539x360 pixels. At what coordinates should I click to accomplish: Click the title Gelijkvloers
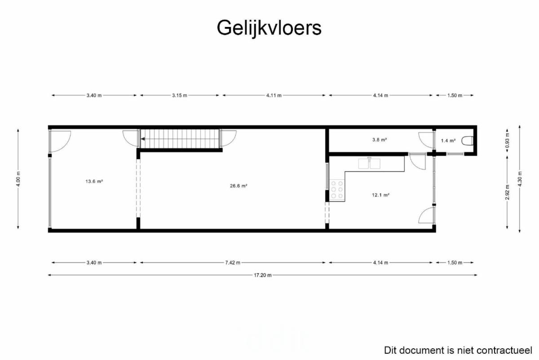point(269,28)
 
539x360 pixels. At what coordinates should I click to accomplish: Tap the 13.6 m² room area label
point(94,181)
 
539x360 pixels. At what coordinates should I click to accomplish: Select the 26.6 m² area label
point(239,186)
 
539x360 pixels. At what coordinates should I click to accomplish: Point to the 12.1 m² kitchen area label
point(381,195)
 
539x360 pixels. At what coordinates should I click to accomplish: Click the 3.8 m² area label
point(380,140)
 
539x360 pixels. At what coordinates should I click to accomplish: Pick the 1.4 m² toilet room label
point(448,141)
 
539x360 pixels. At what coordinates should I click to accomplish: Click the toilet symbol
point(468,141)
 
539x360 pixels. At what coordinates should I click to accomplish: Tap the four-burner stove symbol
point(337,190)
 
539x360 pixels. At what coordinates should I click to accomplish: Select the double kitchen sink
point(369,164)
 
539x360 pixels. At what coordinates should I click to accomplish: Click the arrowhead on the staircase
point(143,139)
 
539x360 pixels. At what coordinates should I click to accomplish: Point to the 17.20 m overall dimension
point(262,275)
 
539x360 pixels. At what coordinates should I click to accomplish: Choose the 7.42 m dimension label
point(233,263)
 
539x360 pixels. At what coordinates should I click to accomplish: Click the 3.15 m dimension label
point(180,95)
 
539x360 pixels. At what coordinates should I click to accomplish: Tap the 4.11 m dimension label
point(274,95)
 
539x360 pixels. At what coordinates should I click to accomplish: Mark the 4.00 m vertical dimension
point(18,179)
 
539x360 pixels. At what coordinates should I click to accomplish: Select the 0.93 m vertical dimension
point(507,141)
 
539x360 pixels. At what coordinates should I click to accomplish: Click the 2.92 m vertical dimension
point(507,192)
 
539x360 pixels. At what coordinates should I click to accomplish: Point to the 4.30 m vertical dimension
point(520,179)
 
